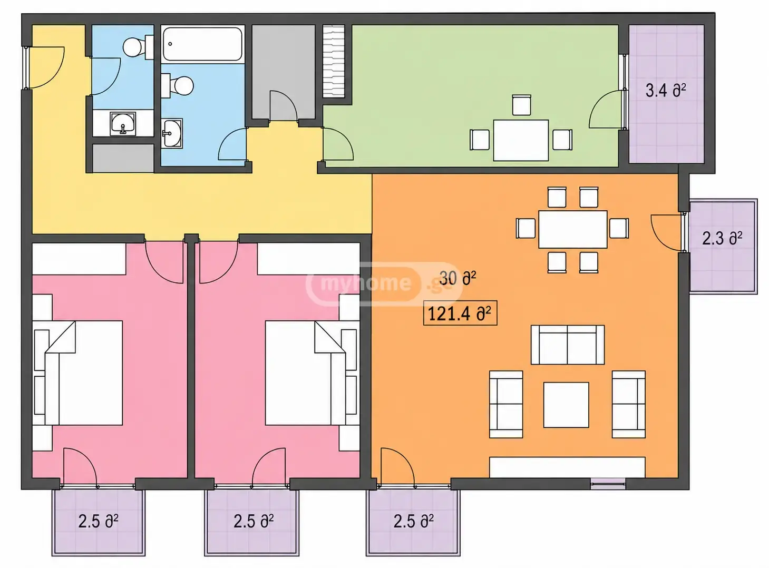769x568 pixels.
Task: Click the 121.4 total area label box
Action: (x=460, y=313)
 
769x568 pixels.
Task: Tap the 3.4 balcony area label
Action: (x=666, y=91)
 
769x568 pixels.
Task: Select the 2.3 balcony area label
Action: (x=722, y=239)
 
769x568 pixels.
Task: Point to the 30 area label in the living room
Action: (x=457, y=278)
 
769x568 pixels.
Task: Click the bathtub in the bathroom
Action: (x=203, y=44)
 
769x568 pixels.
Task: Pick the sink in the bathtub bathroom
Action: (x=172, y=133)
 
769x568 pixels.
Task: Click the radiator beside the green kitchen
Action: (x=334, y=61)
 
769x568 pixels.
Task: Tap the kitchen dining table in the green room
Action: (x=521, y=140)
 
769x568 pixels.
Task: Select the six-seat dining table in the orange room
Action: (x=573, y=229)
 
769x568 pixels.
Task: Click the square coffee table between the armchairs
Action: (x=566, y=405)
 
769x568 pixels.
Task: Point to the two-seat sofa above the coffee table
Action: (x=568, y=345)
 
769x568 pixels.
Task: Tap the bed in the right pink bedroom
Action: (x=312, y=373)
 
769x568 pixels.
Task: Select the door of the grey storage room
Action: (x=283, y=105)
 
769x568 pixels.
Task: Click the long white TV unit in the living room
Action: (x=567, y=467)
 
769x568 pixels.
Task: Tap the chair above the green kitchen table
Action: (x=521, y=105)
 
